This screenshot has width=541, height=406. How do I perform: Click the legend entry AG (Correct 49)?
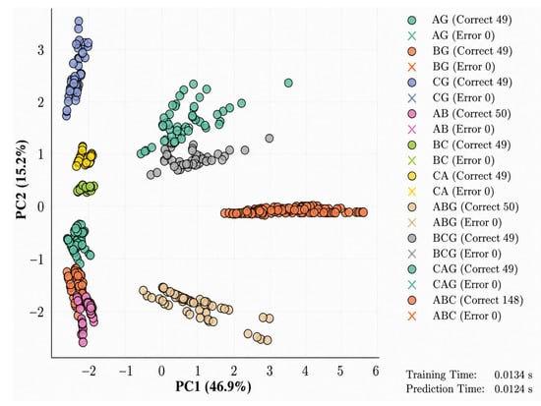coord(459,20)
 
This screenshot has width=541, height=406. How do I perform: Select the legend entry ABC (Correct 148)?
coord(464,300)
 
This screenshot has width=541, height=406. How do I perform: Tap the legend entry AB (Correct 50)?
coord(459,113)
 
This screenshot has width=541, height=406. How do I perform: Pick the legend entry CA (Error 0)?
coord(451,192)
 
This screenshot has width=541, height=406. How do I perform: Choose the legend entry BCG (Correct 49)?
coord(462,238)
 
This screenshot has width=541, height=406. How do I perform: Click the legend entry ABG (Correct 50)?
coord(462,207)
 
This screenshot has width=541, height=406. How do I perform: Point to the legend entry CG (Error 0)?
coord(451,98)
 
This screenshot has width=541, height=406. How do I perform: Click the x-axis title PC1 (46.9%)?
coord(213,386)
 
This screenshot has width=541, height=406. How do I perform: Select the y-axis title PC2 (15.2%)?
coord(21,179)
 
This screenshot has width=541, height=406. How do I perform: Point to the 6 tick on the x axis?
coord(376,372)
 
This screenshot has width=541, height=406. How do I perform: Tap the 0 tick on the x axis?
coord(161,372)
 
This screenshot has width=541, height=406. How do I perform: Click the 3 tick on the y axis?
coord(40,50)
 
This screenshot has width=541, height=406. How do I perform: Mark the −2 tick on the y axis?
coord(37,313)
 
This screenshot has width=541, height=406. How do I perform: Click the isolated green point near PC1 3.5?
coord(288,83)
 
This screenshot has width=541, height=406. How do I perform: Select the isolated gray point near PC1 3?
coord(270,139)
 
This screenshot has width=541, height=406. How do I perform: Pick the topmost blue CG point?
coord(79,22)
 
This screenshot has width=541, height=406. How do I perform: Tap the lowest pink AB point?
coord(83,342)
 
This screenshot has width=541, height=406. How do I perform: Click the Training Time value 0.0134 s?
coord(513,375)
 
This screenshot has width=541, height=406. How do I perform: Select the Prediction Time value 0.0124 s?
coord(513,389)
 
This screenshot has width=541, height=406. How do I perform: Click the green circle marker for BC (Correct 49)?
coord(412,145)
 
